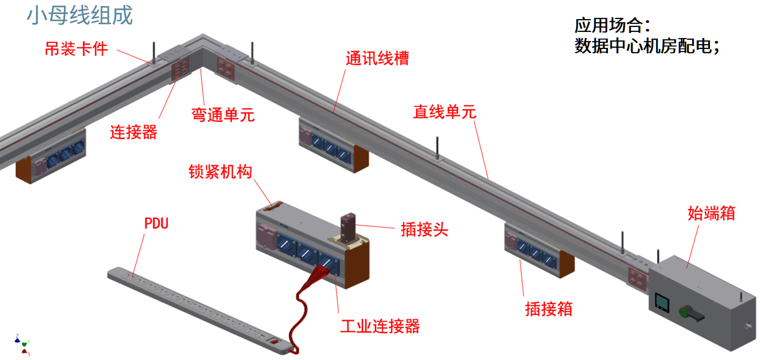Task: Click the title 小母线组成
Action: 80,16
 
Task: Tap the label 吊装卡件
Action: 76,49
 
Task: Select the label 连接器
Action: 134,132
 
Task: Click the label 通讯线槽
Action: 377,59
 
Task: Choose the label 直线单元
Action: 444,112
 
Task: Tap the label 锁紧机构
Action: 220,172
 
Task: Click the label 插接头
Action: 425,229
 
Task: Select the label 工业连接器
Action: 380,326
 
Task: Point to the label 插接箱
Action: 549,309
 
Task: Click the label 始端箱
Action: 711,214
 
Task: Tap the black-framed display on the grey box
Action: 663,302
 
